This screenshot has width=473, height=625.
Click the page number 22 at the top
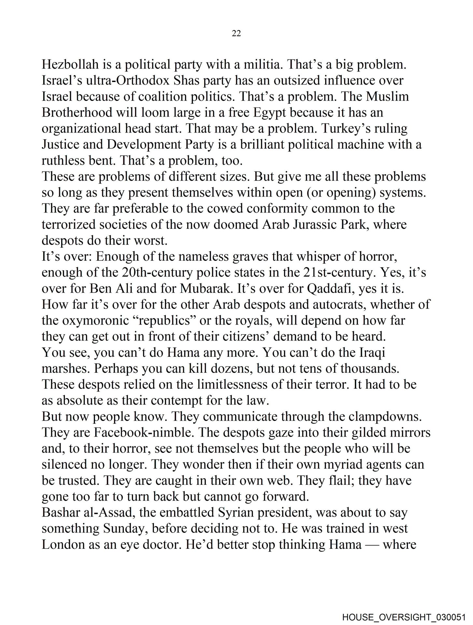[x=236, y=33]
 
